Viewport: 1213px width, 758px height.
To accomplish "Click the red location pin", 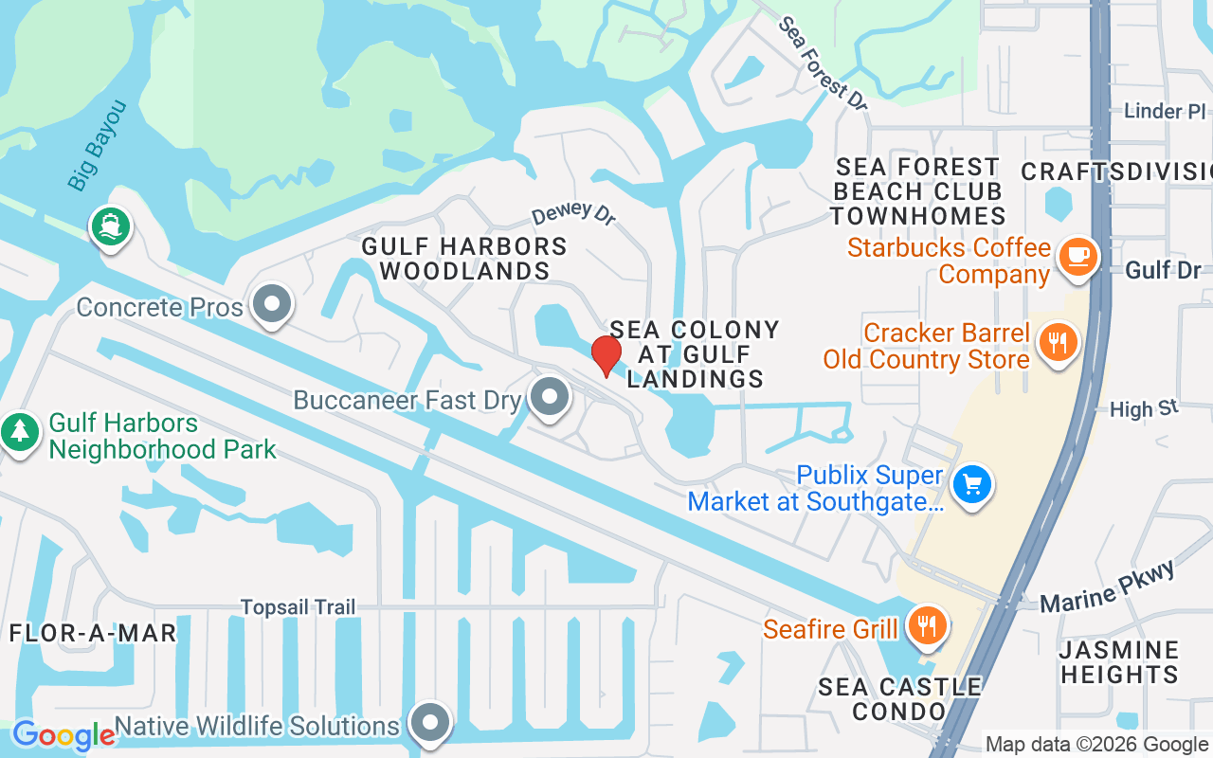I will [606, 354].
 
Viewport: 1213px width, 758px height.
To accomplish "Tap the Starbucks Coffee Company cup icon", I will [1077, 256].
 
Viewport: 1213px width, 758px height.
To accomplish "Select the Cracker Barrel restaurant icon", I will [1058, 341].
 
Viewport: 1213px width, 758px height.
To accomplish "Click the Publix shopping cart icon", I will [971, 485].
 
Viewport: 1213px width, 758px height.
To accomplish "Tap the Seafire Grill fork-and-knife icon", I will [927, 626].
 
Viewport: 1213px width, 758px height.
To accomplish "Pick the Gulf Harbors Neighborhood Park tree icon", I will [19, 432].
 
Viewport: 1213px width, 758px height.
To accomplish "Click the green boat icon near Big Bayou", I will [111, 226].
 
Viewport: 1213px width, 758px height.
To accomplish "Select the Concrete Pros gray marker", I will [274, 305].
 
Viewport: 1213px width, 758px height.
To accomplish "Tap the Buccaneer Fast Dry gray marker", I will [548, 398].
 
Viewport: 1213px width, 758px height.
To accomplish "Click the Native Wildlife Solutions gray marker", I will [430, 724].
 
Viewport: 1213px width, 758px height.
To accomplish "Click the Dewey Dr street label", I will [573, 212].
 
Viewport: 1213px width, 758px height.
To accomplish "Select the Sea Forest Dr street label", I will [823, 63].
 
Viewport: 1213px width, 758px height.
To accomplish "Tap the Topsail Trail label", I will [298, 606].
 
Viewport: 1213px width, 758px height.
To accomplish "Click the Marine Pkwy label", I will [1107, 587].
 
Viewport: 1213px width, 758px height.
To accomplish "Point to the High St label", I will [1144, 409].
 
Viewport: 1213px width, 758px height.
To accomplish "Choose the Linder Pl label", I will [1165, 111].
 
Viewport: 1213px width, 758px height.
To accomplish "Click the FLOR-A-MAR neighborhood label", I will [93, 633].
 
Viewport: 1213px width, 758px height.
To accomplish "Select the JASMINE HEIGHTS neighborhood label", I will [1119, 662].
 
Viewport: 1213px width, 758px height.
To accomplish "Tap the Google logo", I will [63, 734].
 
